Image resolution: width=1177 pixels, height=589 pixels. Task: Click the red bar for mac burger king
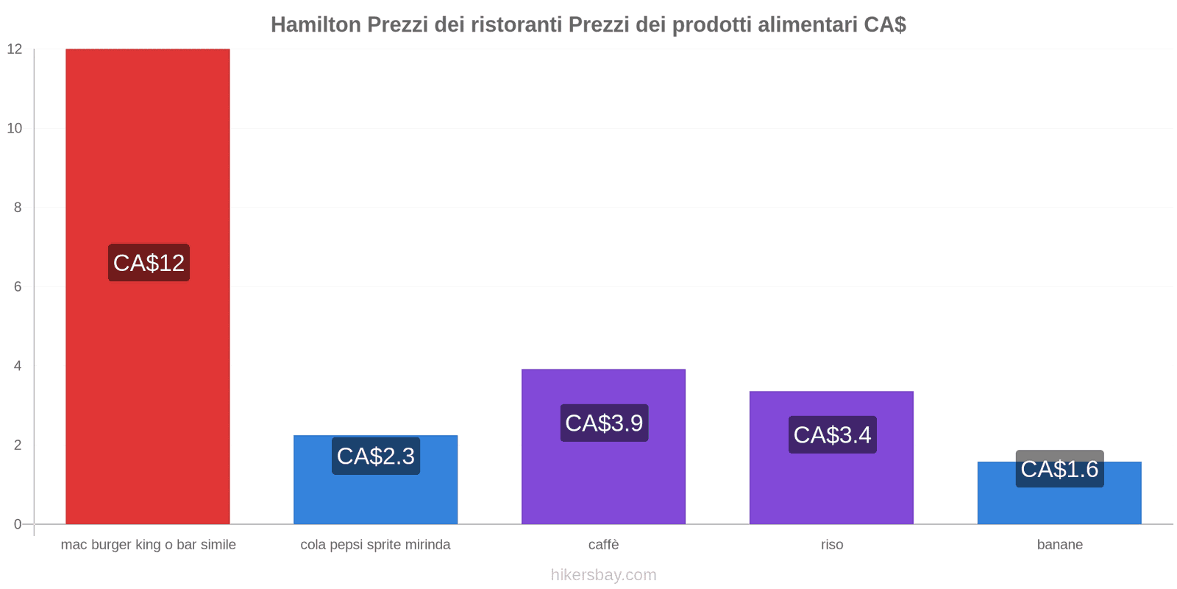coord(148,286)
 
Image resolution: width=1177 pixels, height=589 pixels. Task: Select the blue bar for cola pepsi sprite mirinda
coord(376,479)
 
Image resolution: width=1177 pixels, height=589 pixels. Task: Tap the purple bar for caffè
coord(604,446)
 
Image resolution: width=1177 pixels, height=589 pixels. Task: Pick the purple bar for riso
coord(832,457)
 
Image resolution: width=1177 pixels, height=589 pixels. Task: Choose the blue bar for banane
coord(1060,493)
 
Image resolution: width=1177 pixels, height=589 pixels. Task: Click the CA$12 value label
coord(149,262)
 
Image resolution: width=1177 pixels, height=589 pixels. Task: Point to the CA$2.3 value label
coord(376,456)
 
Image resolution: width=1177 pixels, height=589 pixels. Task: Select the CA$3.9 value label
coord(604,423)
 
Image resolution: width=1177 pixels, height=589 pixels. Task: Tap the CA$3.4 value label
coord(832,434)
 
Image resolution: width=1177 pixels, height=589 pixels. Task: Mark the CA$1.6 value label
coord(1060,468)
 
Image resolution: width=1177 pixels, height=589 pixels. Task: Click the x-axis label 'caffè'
coord(604,544)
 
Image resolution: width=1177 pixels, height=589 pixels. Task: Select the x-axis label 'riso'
coord(832,544)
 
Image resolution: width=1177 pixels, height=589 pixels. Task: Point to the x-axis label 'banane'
coord(1060,544)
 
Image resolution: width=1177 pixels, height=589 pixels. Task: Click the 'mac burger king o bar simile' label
coord(148,545)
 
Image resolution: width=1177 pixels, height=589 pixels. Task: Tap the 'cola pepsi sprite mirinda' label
coord(375,545)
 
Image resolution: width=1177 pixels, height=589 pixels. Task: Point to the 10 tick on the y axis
coord(15,128)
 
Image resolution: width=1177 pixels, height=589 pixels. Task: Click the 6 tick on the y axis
coord(18,286)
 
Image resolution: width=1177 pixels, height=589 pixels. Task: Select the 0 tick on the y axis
coord(18,524)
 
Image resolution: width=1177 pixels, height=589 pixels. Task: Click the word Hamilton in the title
coord(316,24)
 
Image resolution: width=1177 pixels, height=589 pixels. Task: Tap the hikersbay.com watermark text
coord(604,575)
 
